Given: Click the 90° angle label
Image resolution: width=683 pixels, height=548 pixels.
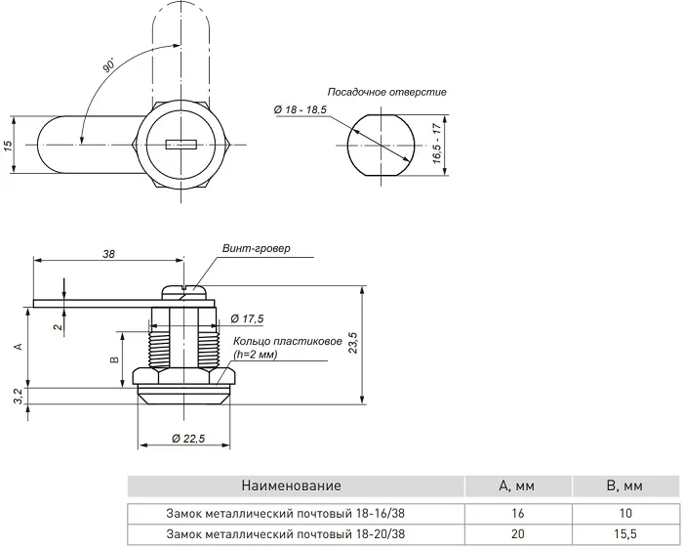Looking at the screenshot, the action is [109, 64].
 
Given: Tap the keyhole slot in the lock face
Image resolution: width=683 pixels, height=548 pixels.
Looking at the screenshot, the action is [181, 145].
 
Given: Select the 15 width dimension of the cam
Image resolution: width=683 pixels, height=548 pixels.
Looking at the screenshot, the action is [8, 146].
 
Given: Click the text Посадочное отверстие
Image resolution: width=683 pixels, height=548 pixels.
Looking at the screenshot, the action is [386, 92].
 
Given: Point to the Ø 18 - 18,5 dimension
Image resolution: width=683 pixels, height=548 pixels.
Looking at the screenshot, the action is [301, 109].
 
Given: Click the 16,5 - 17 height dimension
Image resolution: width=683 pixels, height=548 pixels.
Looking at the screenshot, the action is [437, 144].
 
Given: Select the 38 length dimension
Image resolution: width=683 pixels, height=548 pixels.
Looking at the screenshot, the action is [108, 253].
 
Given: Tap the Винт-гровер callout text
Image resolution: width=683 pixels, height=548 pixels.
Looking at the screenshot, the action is [256, 248].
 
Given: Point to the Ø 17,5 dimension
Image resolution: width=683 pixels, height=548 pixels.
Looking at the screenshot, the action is [247, 318].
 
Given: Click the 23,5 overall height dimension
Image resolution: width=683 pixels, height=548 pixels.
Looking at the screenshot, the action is [353, 343].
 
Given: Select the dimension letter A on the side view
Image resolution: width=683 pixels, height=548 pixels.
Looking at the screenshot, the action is [18, 346].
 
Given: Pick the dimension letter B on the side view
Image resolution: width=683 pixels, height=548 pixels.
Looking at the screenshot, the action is [115, 359].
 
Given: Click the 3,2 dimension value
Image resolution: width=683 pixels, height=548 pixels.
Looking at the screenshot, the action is [18, 397].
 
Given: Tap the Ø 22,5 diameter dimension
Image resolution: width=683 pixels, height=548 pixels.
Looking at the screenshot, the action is [188, 439].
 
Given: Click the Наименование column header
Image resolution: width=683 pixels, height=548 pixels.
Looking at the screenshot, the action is [291, 485].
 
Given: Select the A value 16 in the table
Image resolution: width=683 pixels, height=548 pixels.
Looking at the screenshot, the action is [518, 513].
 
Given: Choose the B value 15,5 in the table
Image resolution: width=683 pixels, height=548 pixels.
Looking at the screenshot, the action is [625, 533].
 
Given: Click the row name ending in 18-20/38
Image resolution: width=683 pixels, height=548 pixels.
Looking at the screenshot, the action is [285, 533].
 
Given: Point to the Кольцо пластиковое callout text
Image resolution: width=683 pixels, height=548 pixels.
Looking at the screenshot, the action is [288, 341].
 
